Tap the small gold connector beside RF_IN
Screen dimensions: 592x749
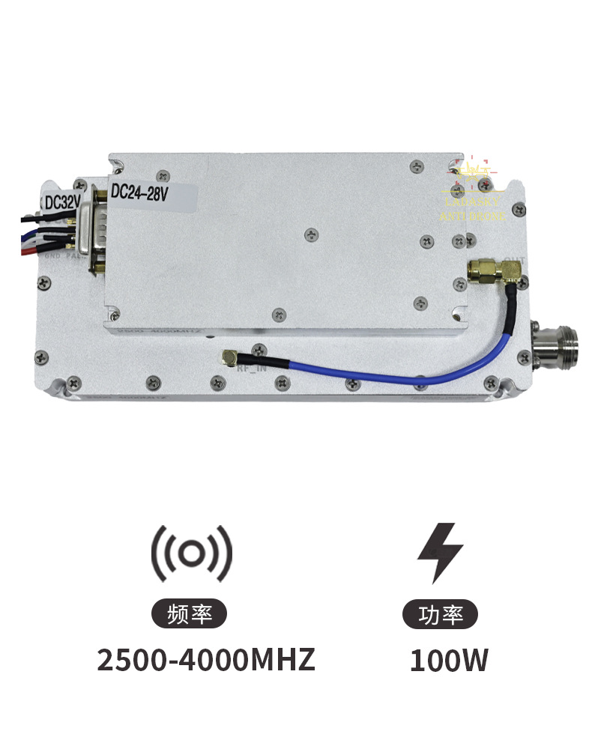pos(229,359)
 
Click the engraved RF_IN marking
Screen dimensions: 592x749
pos(251,368)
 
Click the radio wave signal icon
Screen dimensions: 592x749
pos(192,554)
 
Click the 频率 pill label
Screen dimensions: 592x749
pos(192,615)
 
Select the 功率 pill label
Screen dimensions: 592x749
pos(440,615)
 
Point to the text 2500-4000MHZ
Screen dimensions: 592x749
pos(206,660)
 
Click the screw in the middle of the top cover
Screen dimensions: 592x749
pos(309,234)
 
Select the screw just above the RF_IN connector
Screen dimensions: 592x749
pos(258,348)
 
